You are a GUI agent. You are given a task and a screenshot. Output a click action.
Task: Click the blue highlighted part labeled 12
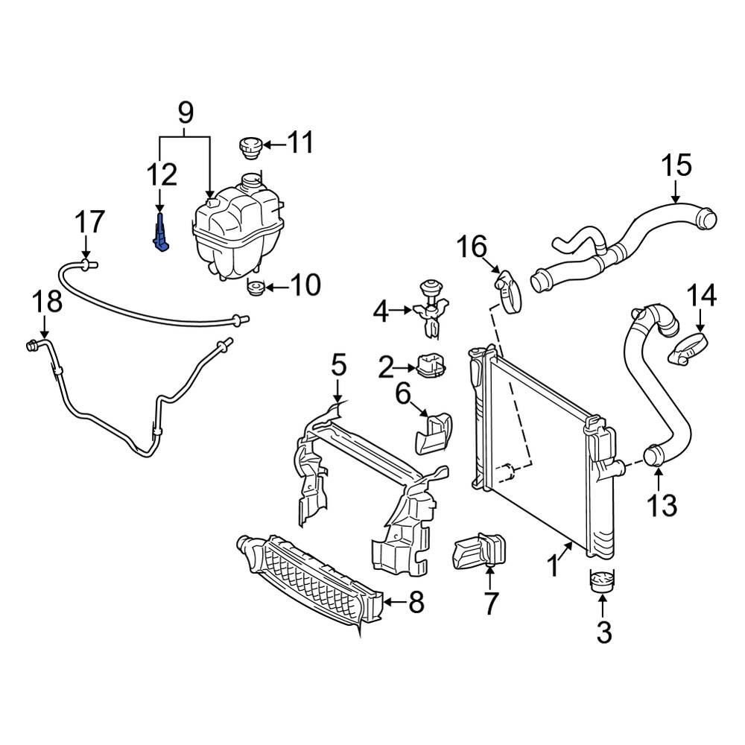tap(161, 234)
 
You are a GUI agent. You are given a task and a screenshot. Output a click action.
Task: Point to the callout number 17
tap(89, 223)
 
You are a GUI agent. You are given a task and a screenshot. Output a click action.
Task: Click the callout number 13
tap(661, 504)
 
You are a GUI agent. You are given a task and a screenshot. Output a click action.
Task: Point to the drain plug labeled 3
tap(603, 581)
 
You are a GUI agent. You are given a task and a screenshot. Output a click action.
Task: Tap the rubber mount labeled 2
tap(431, 366)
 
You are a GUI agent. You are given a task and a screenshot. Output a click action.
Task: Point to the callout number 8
tap(414, 602)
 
